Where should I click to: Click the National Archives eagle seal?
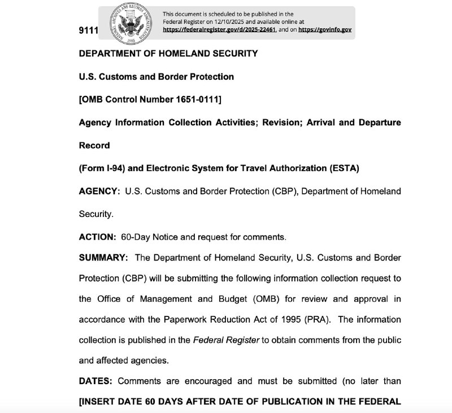(131, 23)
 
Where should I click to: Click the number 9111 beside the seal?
(88, 30)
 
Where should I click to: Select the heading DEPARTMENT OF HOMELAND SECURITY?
(168, 54)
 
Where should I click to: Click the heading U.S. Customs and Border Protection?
(157, 76)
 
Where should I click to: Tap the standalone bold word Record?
(94, 145)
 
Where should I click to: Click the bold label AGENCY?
(99, 192)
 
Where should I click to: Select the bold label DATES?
(95, 381)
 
